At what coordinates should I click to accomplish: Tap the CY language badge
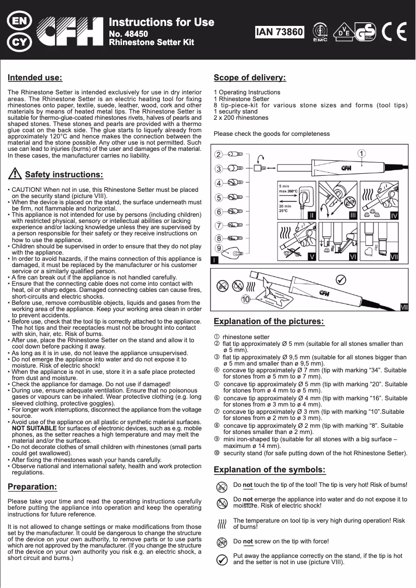[x=19, y=41]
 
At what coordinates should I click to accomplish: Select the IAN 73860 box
[x=279, y=32]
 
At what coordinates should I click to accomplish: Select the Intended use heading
[x=35, y=78]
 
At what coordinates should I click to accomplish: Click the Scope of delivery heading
[x=249, y=78]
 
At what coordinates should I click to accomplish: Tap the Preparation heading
[x=32, y=487]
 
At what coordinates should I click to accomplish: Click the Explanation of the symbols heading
[x=270, y=470]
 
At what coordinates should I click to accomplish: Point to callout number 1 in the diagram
[x=362, y=153]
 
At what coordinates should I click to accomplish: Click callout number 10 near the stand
[x=246, y=299]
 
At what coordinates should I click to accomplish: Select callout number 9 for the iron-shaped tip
[x=219, y=248]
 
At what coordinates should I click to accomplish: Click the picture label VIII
[x=405, y=308]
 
